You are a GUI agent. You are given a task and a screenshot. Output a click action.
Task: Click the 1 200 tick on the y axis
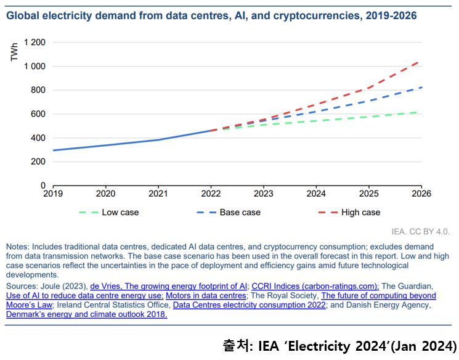point(35,43)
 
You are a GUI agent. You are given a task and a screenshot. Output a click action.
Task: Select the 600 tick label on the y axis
point(39,114)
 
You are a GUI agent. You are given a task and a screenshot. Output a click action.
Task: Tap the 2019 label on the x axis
point(53,192)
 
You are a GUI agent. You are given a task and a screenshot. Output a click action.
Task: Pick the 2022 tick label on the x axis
point(211,192)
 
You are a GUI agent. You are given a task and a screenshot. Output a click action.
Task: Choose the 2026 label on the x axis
point(421,192)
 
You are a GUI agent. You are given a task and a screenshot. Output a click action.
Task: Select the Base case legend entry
point(240,212)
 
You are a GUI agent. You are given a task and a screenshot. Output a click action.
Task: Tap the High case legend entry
point(360,212)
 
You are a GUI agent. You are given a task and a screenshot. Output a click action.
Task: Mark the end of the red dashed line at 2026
point(420,62)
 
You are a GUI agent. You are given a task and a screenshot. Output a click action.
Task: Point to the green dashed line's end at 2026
point(420,112)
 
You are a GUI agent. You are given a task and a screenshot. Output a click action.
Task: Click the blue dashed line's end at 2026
point(420,88)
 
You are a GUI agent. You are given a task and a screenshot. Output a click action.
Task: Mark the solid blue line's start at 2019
point(54,150)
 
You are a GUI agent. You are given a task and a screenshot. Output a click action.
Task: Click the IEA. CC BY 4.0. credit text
point(420,232)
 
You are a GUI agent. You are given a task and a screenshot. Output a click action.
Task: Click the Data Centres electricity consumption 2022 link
point(249,305)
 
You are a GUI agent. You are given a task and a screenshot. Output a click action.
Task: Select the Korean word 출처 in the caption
point(235,345)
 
